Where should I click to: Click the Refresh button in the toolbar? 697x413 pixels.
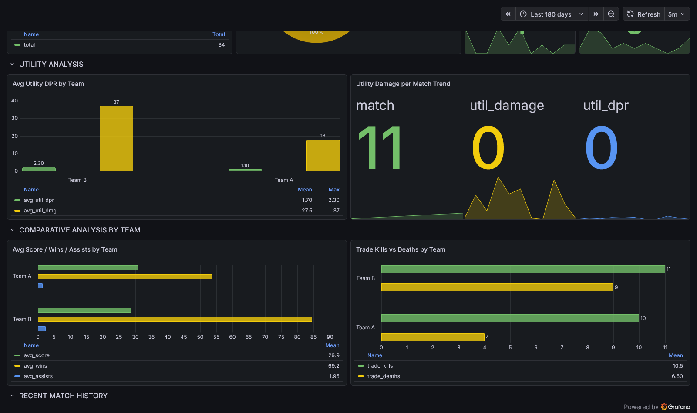(644, 14)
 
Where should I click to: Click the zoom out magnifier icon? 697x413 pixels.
(611, 14)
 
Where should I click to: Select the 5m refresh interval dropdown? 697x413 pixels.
(677, 14)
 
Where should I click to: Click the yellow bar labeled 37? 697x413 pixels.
(116, 138)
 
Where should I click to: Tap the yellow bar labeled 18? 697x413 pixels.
(323, 155)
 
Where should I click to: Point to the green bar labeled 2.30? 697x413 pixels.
(39, 169)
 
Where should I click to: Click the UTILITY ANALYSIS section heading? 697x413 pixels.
(51, 64)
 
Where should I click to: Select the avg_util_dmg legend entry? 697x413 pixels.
(40, 211)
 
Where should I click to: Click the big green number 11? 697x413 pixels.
(379, 148)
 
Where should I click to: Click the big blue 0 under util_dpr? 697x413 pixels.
(601, 148)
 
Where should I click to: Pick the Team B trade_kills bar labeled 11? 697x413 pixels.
(522, 269)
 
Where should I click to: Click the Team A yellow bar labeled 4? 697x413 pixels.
(432, 337)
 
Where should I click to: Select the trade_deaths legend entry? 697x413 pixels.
(384, 376)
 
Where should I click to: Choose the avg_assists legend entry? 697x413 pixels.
(38, 376)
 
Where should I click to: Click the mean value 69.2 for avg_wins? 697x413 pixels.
(334, 366)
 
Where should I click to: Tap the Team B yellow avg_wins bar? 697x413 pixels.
(175, 320)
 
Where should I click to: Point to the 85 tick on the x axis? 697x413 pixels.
(313, 337)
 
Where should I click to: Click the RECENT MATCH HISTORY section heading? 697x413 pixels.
(63, 396)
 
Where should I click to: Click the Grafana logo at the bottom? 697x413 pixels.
(676, 407)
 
